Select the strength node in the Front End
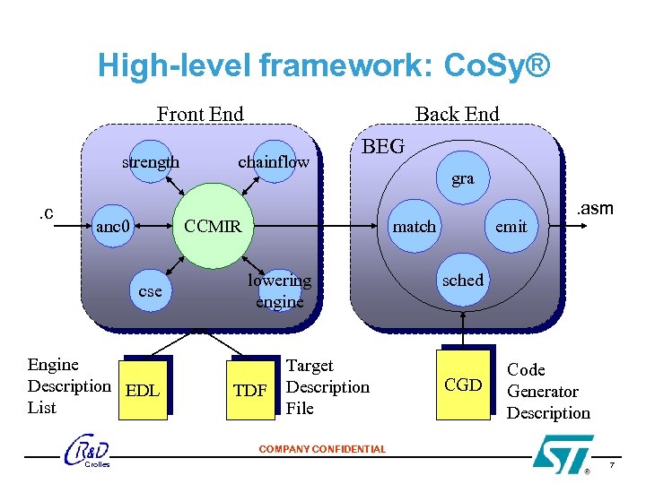tap(151, 162)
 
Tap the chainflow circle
tap(274, 162)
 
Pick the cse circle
tap(150, 290)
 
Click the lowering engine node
tap(279, 290)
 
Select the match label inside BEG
tap(415, 227)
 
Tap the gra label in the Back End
tap(463, 179)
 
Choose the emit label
tap(511, 227)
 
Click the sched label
tap(463, 280)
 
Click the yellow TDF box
tap(249, 391)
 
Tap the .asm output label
tap(595, 209)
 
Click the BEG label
tap(383, 146)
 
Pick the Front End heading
tap(200, 114)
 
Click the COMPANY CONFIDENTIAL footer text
tap(322, 449)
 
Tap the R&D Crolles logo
tap(88, 453)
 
